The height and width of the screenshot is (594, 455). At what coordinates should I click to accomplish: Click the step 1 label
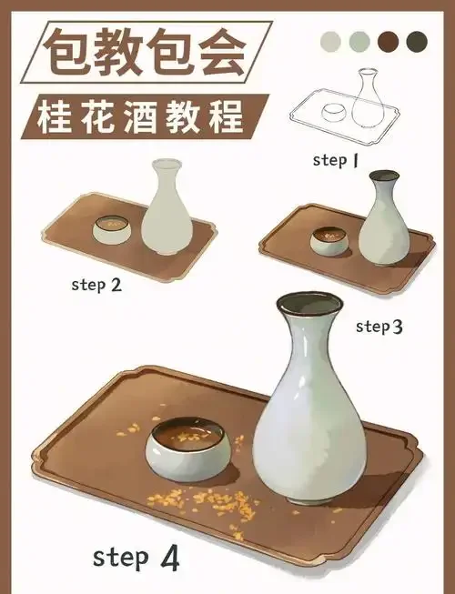click(336, 160)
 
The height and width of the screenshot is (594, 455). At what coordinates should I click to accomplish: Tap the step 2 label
click(96, 285)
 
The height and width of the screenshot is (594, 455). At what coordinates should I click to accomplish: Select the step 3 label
click(379, 326)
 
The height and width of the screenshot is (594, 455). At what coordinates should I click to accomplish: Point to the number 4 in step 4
click(168, 557)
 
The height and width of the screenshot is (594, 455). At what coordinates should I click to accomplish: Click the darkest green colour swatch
click(417, 40)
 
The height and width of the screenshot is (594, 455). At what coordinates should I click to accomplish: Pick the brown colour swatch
click(389, 40)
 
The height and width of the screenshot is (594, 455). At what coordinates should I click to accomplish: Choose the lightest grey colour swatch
click(331, 40)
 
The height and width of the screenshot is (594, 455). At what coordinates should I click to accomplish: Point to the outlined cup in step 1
click(335, 114)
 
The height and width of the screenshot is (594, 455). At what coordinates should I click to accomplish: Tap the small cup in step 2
click(112, 229)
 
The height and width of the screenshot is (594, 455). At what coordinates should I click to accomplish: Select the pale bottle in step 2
click(166, 209)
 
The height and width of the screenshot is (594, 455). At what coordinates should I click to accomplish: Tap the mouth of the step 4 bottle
click(310, 304)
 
